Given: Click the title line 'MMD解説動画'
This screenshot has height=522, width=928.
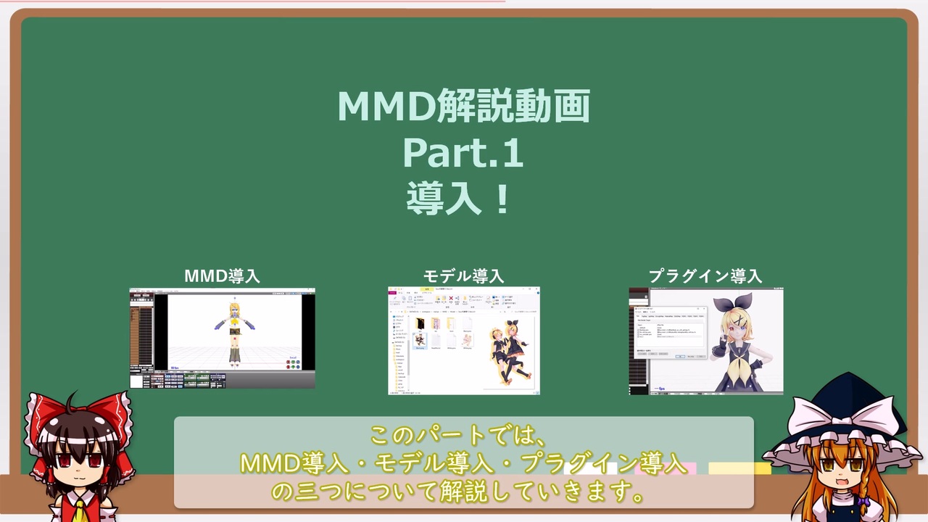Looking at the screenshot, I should (464, 107).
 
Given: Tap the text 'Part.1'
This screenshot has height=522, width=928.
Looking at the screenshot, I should (463, 153).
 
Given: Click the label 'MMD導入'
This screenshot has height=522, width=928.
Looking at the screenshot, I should (222, 276).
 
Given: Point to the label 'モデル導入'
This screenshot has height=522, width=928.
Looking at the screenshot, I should (464, 276).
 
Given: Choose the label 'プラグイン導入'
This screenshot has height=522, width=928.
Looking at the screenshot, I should (705, 276).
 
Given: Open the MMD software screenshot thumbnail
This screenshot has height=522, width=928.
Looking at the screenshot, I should (223, 338).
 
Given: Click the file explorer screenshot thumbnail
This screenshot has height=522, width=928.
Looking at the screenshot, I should (464, 341).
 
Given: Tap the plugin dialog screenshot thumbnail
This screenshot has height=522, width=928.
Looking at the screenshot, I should (706, 341).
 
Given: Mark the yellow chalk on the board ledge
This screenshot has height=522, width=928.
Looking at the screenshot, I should (739, 468).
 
